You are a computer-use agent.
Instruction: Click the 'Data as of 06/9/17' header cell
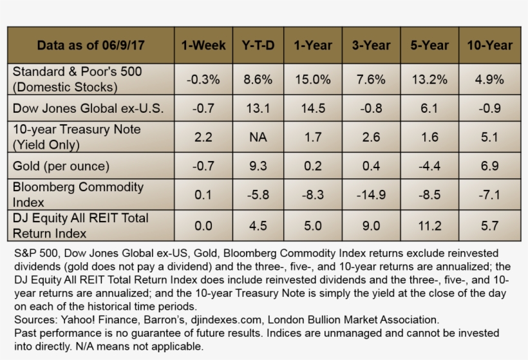[91, 45]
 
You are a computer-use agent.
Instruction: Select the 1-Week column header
[203, 45]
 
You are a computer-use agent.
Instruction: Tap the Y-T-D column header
[258, 45]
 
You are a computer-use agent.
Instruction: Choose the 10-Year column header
[490, 45]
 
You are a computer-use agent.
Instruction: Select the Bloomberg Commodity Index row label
[78, 194]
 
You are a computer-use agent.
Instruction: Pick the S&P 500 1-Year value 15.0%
[313, 80]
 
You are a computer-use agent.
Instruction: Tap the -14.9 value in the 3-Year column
[371, 194]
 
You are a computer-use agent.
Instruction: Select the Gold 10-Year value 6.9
[490, 166]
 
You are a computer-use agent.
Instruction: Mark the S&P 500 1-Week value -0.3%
[203, 80]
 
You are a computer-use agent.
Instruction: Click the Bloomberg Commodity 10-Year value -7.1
[490, 194]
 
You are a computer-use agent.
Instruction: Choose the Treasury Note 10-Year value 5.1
[490, 137]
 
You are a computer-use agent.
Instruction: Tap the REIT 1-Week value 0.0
[203, 225]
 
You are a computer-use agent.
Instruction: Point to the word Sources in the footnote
[33, 319]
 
